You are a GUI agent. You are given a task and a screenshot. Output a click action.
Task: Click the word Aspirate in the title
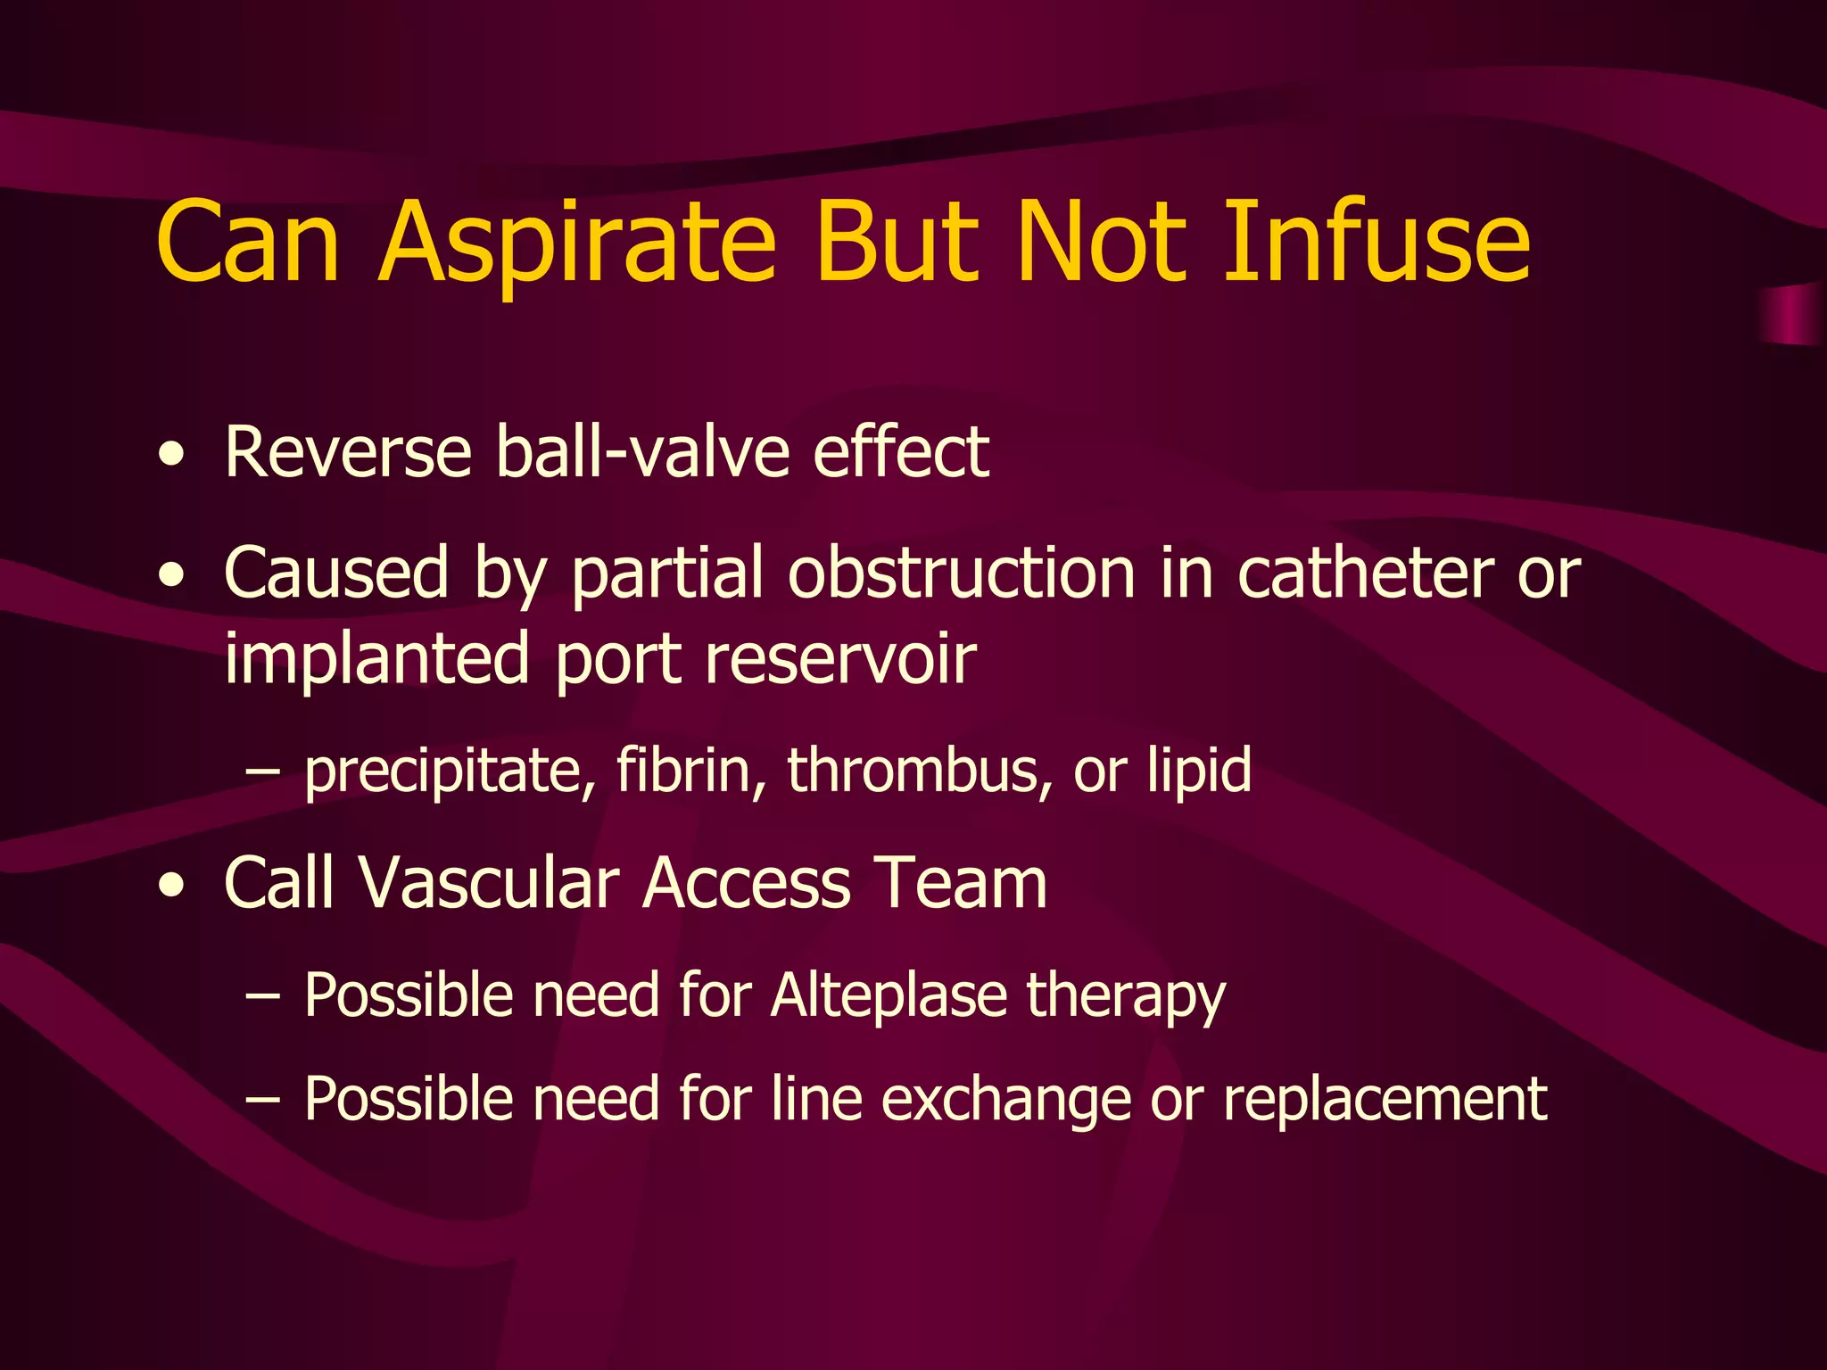(577, 243)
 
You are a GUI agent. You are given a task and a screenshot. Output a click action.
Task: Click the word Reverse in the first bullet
(348, 452)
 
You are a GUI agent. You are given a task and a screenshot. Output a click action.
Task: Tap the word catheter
(1365, 573)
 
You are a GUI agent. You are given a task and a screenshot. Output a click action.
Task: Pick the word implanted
(377, 658)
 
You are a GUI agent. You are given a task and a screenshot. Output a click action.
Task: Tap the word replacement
(1385, 1100)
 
